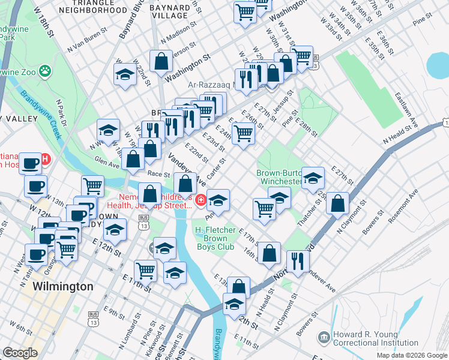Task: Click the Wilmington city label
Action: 63,286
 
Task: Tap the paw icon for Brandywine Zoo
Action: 45,71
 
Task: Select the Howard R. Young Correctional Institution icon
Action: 324,338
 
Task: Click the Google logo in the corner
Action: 20,353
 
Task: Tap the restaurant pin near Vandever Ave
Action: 298,260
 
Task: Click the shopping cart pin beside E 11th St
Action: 145,270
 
